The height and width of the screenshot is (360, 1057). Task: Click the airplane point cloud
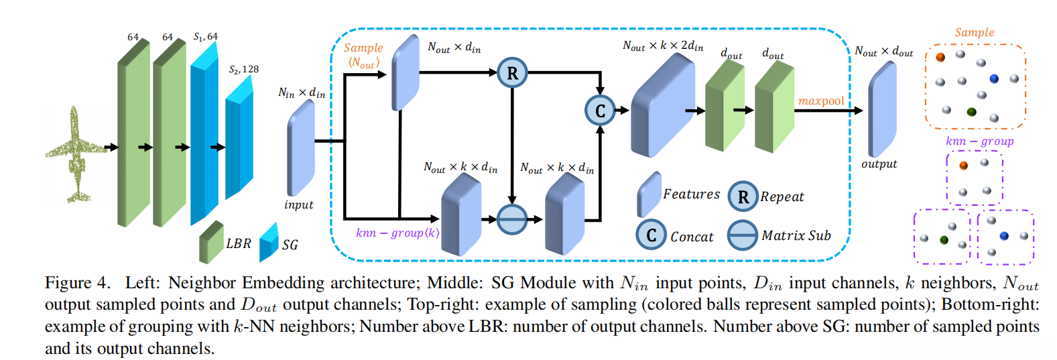pos(75,156)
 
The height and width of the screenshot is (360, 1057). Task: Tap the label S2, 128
pos(243,69)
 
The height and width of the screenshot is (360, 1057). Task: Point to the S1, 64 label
pos(206,37)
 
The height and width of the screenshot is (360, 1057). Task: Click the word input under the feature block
pos(298,205)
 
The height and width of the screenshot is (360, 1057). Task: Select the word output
pos(879,164)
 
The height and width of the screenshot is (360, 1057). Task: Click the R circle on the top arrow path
pos(512,73)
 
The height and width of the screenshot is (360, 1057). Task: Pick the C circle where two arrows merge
pos(600,111)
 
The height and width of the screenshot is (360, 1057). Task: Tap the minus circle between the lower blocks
pos(512,219)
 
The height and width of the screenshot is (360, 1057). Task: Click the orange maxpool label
pos(821,101)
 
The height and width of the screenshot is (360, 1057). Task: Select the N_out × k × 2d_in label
pos(663,46)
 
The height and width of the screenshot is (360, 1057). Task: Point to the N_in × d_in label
pos(302,93)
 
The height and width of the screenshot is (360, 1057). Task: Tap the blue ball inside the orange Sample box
pos(994,79)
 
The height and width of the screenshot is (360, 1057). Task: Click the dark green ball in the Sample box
pos(971,112)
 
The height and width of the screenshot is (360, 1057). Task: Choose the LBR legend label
pos(239,243)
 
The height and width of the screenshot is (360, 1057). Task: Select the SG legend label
pos(290,245)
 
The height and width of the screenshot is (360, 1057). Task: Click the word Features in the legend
pos(691,194)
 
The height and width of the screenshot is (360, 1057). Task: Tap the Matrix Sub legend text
pos(796,236)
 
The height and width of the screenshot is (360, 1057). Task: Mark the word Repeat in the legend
pos(782,197)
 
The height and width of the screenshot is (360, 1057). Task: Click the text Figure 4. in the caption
pos(77,283)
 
